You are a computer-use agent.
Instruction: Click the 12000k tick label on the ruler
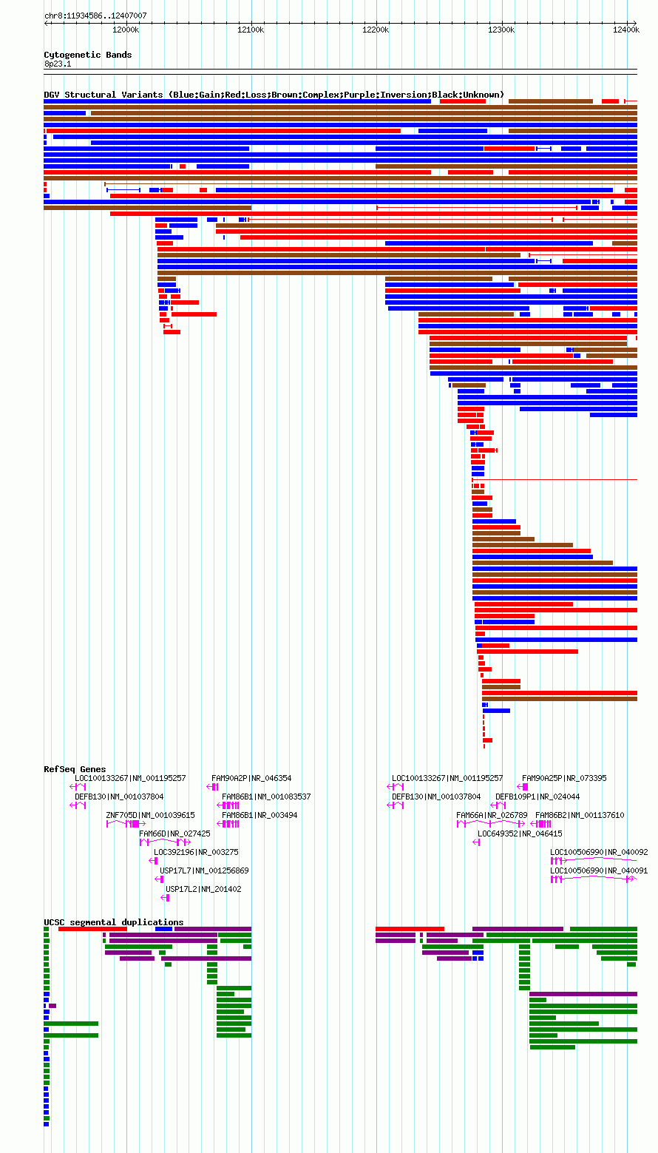pos(126,30)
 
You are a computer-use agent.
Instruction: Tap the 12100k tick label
pos(251,30)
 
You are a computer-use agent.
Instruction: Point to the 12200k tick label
pos(376,30)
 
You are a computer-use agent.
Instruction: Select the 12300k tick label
pos(501,30)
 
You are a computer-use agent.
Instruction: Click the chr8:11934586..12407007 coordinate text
pos(95,16)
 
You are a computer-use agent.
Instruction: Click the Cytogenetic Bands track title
pos(87,55)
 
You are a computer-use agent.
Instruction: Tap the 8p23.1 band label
pos(58,64)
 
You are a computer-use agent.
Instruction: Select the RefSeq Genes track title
pos(75,769)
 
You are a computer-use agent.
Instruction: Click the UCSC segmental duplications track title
pos(114,922)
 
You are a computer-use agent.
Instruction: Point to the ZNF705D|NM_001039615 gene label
pos(150,815)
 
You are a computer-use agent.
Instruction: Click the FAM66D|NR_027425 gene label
pos(174,834)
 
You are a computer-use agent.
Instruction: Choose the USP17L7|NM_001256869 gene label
pos(204,871)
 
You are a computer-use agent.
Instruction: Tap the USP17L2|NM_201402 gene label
pos(203,890)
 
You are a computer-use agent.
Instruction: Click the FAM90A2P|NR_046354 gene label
pos(251,778)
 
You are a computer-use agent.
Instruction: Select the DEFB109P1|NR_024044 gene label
pos(537,797)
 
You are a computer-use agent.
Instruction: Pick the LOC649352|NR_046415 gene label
pos(520,834)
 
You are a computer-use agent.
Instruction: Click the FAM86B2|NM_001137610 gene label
pos(580,815)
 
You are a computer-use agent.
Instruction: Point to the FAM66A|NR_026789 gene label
pos(492,815)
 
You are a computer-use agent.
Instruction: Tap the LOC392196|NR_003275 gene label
pos(196,853)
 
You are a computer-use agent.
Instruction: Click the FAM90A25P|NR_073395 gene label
pos(564,778)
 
